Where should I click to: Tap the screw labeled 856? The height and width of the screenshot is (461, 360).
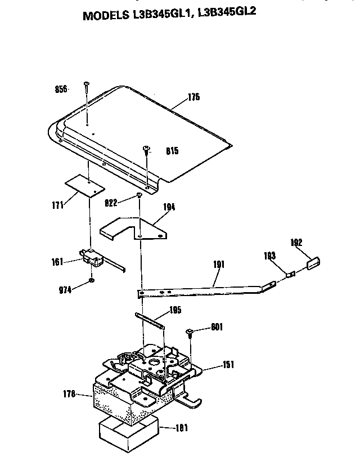[x=87, y=86]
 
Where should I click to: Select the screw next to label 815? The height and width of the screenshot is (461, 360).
[x=147, y=150]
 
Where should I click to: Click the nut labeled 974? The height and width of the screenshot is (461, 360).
[x=92, y=280]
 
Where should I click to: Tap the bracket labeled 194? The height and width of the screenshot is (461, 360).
[x=136, y=227]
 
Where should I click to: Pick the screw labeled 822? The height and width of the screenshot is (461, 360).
[x=138, y=196]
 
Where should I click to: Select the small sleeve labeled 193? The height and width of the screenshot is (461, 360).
[x=291, y=274]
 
